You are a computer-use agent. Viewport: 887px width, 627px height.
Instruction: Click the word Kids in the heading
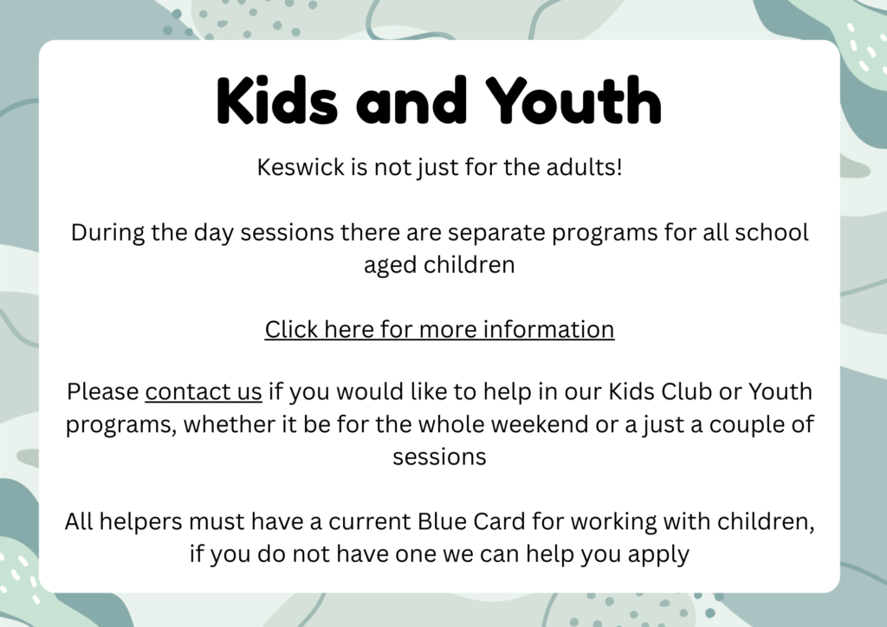tap(277, 100)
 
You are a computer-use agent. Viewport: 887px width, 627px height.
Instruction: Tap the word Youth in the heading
tap(573, 100)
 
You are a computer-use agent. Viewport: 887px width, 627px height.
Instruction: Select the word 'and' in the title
tap(411, 100)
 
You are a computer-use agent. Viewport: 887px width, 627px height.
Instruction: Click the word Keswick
tap(301, 167)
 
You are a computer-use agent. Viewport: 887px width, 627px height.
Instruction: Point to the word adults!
tap(585, 167)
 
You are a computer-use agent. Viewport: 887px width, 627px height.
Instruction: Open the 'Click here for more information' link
tap(439, 330)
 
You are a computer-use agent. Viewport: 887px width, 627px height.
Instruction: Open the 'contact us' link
tap(204, 391)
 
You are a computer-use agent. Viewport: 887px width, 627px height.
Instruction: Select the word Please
tap(103, 391)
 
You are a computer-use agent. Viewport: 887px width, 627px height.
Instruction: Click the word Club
tap(686, 391)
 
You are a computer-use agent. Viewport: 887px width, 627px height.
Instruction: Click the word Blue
tap(435, 521)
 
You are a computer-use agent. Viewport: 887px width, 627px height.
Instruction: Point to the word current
tap(370, 522)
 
